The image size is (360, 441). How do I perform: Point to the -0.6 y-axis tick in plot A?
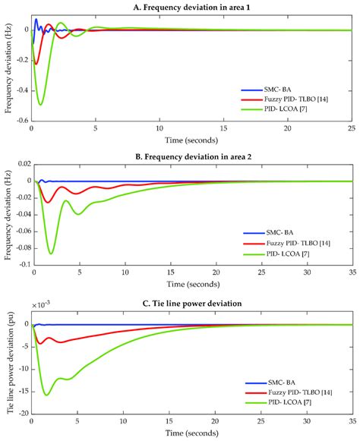click(x=21, y=120)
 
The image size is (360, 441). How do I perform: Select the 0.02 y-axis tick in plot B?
click(x=18, y=165)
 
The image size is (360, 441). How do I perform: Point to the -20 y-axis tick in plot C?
click(x=21, y=414)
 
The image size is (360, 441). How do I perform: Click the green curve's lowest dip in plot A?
click(x=40, y=105)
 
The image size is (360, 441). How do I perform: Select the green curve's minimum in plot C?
click(x=47, y=395)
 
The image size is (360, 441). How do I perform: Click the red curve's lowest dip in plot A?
click(x=35, y=64)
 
